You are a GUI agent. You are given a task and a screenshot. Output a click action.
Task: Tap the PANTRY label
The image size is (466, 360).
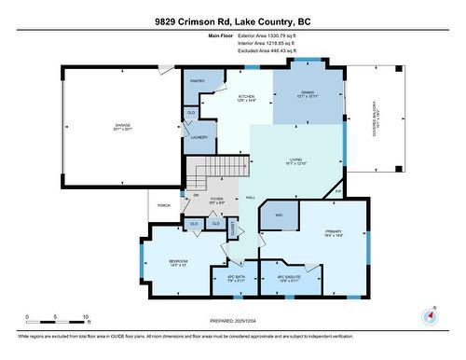click(x=198, y=81)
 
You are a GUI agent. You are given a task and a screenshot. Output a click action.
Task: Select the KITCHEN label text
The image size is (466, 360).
click(x=247, y=97)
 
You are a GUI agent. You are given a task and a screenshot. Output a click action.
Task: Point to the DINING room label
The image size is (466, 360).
click(x=307, y=92)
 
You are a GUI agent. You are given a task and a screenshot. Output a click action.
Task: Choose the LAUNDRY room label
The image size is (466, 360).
click(x=199, y=137)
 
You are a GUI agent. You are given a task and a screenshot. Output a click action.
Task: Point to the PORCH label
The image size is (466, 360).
click(x=164, y=204)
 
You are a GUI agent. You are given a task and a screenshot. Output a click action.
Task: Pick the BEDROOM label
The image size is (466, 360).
click(x=178, y=260)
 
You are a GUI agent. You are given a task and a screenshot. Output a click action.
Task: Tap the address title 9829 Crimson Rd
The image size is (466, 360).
click(x=232, y=21)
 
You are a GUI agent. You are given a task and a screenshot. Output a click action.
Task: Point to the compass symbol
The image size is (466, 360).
click(x=430, y=316)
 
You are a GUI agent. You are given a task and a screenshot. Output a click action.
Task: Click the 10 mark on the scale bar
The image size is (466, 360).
click(x=86, y=318)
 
